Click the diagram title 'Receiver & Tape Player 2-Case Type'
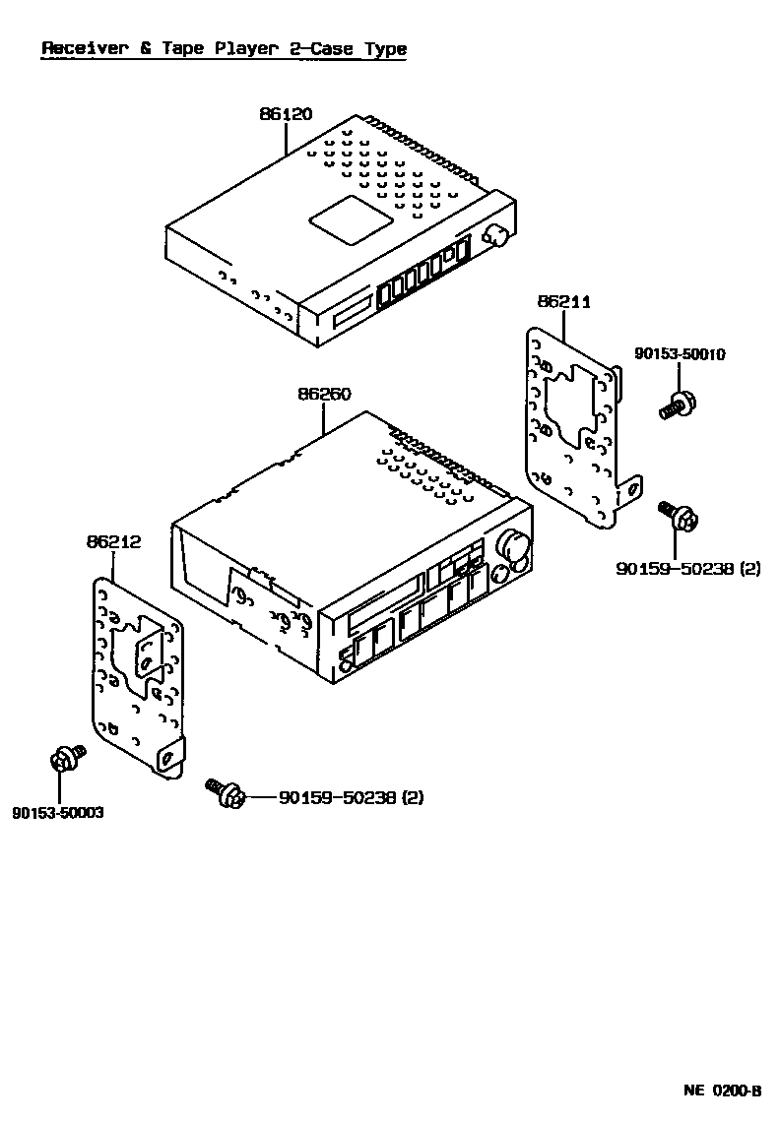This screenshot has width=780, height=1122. pyautogui.click(x=224, y=48)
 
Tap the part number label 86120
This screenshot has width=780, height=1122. pyautogui.click(x=286, y=114)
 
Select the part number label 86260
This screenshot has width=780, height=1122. pyautogui.click(x=324, y=394)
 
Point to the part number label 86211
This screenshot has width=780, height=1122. pyautogui.click(x=563, y=302)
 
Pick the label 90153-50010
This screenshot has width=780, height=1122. pyautogui.click(x=680, y=354)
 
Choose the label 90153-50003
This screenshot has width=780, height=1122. pyautogui.click(x=58, y=813)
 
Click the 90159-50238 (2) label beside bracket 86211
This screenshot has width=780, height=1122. pyautogui.click(x=688, y=568)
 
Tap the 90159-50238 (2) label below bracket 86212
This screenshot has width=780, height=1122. pyautogui.click(x=351, y=798)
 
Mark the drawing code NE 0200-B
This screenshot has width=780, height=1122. pyautogui.click(x=723, y=1091)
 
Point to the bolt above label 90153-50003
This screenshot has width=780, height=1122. pyautogui.click(x=65, y=759)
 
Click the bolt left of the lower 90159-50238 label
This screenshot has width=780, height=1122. pyautogui.click(x=226, y=792)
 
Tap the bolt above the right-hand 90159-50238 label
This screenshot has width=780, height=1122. pyautogui.click(x=681, y=515)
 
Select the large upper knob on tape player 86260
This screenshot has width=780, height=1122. pyautogui.click(x=512, y=543)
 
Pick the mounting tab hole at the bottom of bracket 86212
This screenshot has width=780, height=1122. pyautogui.click(x=169, y=757)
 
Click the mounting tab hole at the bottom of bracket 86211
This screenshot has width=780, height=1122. pyautogui.click(x=634, y=485)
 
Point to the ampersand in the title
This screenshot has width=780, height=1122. pyautogui.click(x=145, y=48)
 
